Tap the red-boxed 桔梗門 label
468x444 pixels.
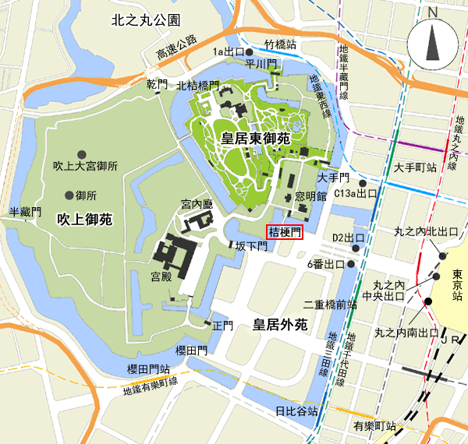tap(284, 232)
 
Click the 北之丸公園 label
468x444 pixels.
tap(146, 19)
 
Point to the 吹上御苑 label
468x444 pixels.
tap(85, 220)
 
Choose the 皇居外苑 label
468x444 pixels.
tap(279, 321)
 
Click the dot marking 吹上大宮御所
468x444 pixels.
tap(81, 153)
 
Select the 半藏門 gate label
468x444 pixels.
tap(24, 212)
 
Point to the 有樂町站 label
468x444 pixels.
tap(375, 427)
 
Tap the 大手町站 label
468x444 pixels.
tap(418, 167)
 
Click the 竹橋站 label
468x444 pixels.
tap(280, 45)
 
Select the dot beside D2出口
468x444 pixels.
tap(356, 248)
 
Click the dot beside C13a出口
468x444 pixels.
tap(363, 183)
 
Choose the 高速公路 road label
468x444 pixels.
tap(176, 48)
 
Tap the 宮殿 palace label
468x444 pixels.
tap(161, 276)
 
